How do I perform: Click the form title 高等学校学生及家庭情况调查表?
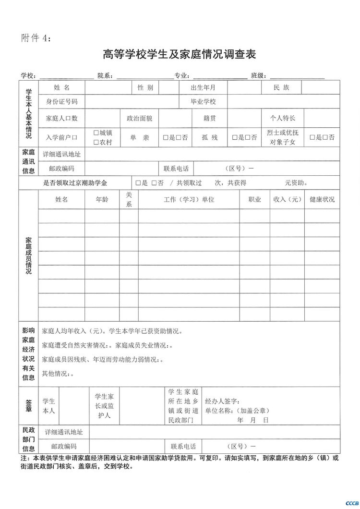(180, 54)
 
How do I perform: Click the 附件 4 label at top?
(36, 38)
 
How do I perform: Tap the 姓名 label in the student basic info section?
(62, 87)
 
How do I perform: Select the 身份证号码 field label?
(62, 102)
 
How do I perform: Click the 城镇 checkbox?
(96, 133)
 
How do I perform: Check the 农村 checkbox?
(96, 142)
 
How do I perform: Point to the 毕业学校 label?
(204, 102)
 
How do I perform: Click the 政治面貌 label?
(139, 118)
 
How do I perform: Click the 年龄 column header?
(102, 199)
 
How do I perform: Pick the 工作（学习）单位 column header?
(189, 199)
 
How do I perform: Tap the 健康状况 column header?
(322, 199)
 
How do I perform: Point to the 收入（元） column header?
(287, 199)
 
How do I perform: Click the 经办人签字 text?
(222, 401)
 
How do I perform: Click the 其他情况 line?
(58, 373)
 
